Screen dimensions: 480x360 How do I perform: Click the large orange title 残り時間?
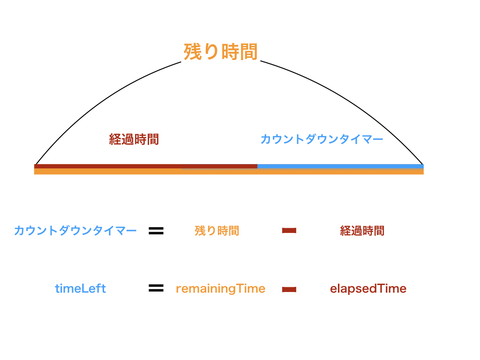(x=220, y=52)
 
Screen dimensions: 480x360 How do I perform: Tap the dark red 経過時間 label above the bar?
(x=134, y=139)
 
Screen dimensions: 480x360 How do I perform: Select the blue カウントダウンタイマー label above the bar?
(x=322, y=139)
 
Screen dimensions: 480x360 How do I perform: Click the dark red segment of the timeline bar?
(x=146, y=166)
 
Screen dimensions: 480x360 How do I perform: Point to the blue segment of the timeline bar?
(x=340, y=166)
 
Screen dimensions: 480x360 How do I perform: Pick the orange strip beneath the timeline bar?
(x=229, y=172)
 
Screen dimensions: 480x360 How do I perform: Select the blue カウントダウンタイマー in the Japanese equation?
(x=75, y=231)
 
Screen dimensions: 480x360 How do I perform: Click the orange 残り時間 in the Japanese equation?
(x=217, y=231)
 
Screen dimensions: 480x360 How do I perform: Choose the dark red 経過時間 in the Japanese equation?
(x=362, y=231)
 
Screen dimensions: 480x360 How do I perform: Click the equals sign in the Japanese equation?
(x=156, y=231)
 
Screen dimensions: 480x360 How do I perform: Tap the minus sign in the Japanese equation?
(x=289, y=231)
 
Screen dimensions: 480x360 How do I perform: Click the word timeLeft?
(x=80, y=289)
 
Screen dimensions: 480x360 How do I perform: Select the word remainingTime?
(x=220, y=289)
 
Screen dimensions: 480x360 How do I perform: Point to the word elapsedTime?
(x=368, y=289)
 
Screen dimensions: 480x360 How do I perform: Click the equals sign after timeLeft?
(x=156, y=288)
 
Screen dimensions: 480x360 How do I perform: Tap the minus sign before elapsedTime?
(x=289, y=289)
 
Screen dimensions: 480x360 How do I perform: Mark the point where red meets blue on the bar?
(x=257, y=166)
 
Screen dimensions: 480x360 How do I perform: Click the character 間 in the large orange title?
(x=248, y=52)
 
